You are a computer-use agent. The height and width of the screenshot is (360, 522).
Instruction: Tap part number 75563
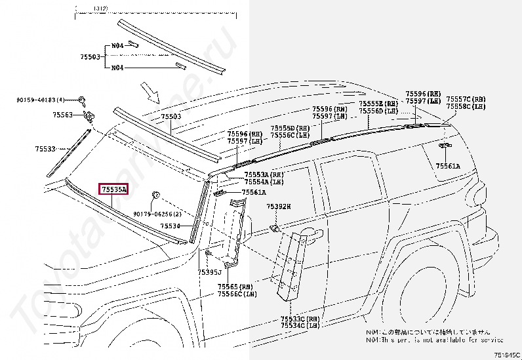pyautogui.click(x=64, y=115)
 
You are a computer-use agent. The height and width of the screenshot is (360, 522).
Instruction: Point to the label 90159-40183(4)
pyautogui.click(x=41, y=100)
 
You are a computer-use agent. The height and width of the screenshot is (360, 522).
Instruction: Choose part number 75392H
pyautogui.click(x=278, y=207)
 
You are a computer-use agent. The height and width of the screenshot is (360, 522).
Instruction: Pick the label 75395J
pyautogui.click(x=209, y=271)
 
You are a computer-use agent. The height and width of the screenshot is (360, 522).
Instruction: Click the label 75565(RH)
pyautogui.click(x=237, y=287)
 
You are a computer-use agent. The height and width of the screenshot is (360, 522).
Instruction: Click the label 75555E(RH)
pyautogui.click(x=378, y=104)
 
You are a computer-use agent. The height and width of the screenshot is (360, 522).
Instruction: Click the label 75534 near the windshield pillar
pyautogui.click(x=171, y=226)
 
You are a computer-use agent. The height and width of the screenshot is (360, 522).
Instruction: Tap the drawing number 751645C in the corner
pyautogui.click(x=507, y=354)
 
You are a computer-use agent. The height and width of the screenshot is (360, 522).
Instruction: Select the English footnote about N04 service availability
pyautogui.click(x=434, y=340)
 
